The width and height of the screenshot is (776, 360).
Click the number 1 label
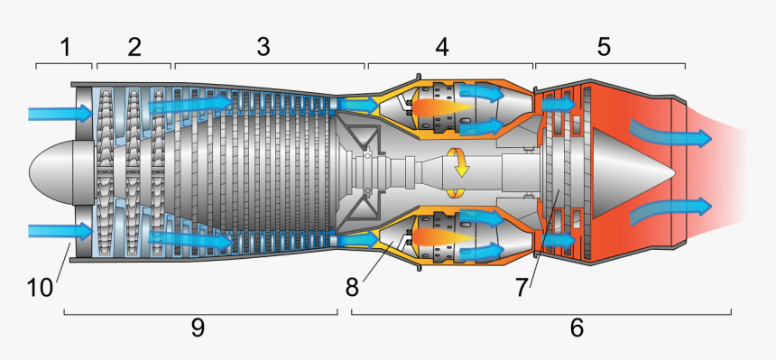(65, 47)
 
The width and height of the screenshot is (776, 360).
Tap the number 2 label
(134, 47)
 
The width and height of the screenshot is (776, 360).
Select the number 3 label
(263, 47)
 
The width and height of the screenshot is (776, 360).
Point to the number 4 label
(442, 47)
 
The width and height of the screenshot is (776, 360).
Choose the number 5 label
(604, 47)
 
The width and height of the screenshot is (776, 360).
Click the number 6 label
(577, 328)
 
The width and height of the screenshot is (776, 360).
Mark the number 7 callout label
(522, 288)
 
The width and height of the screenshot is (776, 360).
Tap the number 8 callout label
(352, 287)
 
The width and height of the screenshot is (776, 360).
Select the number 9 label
(198, 328)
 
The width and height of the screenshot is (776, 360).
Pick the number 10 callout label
(40, 288)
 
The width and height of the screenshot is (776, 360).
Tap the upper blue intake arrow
(60, 114)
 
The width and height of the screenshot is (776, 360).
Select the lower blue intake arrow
(60, 231)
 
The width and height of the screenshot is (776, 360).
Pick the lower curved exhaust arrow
(670, 210)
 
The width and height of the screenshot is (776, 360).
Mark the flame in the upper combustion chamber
(444, 107)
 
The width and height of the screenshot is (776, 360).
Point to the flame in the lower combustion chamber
(444, 237)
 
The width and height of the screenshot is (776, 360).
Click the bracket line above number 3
(270, 63)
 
